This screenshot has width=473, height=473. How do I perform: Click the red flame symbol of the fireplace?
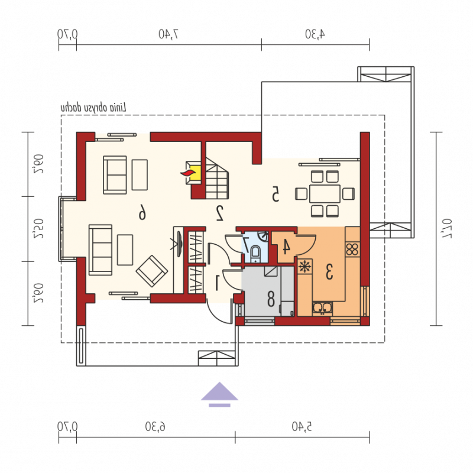click(x=188, y=173)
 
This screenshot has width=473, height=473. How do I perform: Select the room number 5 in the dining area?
click(x=275, y=193)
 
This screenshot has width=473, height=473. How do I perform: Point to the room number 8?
click(x=271, y=299)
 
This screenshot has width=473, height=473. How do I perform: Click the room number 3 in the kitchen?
click(x=329, y=271)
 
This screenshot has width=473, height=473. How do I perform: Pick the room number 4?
click(x=286, y=246)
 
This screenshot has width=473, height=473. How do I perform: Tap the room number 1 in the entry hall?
click(x=217, y=283)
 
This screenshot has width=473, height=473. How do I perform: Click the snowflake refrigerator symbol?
click(x=305, y=267)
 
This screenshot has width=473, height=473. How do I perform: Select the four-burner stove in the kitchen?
click(x=352, y=249)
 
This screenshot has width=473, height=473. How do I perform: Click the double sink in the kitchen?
click(x=322, y=308)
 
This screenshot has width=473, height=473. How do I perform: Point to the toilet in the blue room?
click(x=255, y=253)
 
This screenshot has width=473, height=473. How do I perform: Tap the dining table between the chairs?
click(x=325, y=193)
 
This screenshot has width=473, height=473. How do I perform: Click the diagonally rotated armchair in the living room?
click(x=152, y=271)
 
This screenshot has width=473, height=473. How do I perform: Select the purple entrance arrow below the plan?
click(x=219, y=394)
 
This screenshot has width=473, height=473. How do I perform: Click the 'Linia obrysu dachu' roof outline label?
click(x=93, y=108)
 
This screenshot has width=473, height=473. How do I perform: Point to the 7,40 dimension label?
click(x=169, y=34)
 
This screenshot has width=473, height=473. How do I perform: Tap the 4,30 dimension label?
click(x=315, y=34)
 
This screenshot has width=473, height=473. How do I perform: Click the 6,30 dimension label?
click(x=155, y=426)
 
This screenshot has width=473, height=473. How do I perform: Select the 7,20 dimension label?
click(x=447, y=229)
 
